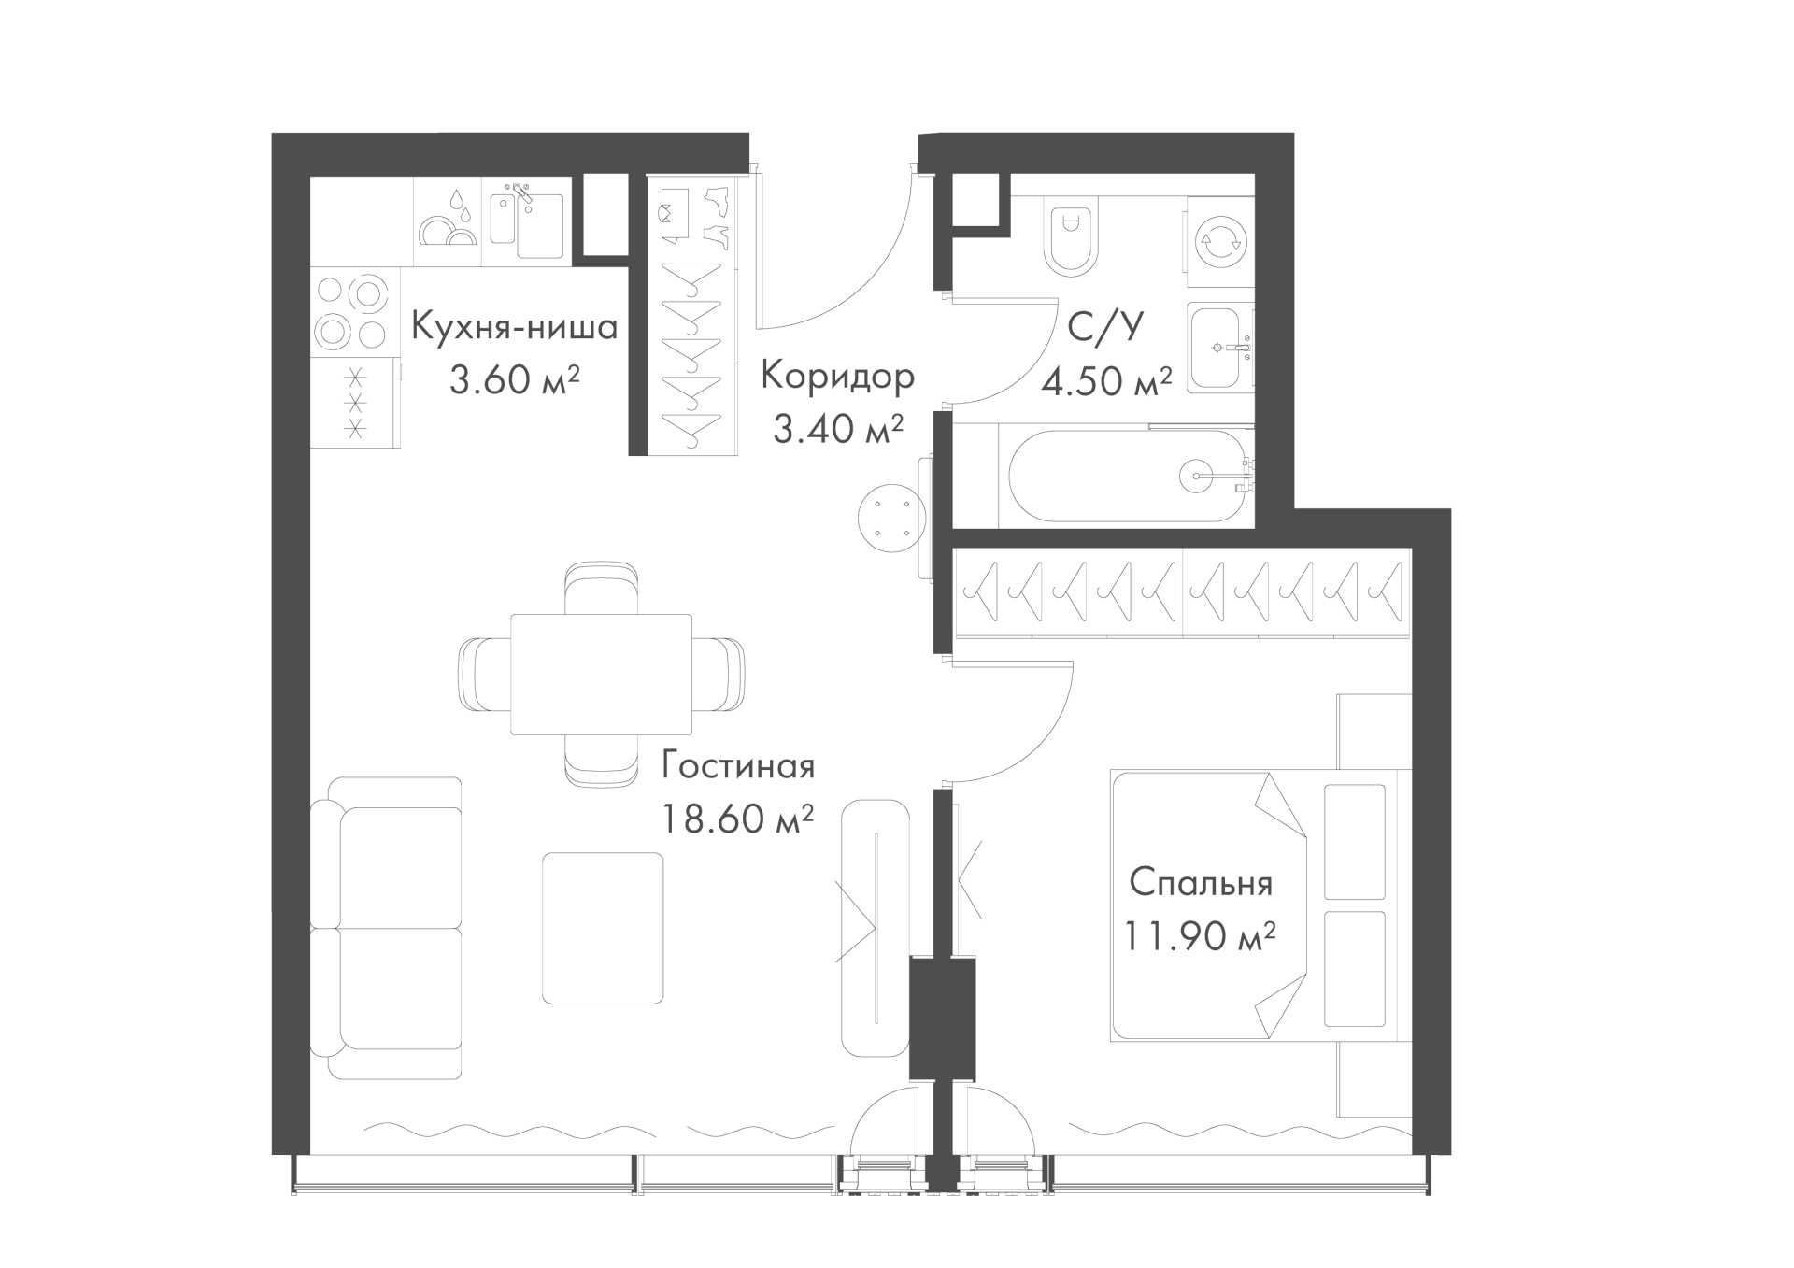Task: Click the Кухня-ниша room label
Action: [x=514, y=328]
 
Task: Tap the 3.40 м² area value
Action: [x=838, y=429]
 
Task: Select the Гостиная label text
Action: [x=738, y=767]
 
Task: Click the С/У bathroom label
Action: [x=1105, y=328]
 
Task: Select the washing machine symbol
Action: [x=1220, y=241]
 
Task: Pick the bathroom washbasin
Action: [x=1221, y=346]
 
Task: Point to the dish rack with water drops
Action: [x=448, y=221]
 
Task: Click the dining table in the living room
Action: [x=602, y=674]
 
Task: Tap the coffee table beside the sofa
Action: [x=603, y=927]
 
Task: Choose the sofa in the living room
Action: [x=386, y=928]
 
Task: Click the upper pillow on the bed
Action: [x=1354, y=841]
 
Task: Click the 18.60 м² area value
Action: [x=738, y=819]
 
